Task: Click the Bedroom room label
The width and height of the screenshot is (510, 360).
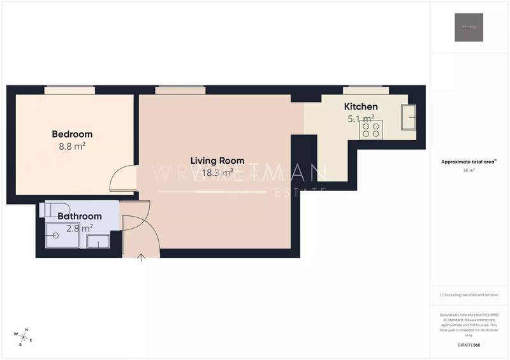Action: (72, 134)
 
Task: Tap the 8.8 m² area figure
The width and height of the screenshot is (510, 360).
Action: (72, 146)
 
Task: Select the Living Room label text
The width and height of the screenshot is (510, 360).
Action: (217, 161)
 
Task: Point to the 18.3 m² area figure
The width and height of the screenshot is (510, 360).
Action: (217, 173)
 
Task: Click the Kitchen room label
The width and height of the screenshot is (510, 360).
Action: (361, 106)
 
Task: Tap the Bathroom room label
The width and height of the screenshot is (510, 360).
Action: (80, 217)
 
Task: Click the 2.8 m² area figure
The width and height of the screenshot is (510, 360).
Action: (80, 227)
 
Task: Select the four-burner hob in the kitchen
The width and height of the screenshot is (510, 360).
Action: (372, 129)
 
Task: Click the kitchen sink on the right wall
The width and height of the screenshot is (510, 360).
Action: (408, 118)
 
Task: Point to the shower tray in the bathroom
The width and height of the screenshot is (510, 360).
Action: (62, 235)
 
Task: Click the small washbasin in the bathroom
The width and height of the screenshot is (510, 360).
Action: (98, 241)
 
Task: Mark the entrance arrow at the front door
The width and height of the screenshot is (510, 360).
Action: (141, 257)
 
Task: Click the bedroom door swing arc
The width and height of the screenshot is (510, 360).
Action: (121, 178)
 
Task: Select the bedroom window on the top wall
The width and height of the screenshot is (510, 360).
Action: (69, 90)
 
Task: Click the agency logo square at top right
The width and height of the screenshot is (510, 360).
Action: (469, 27)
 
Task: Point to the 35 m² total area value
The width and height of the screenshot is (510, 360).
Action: (469, 171)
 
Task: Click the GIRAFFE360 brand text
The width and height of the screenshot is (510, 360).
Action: (469, 345)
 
